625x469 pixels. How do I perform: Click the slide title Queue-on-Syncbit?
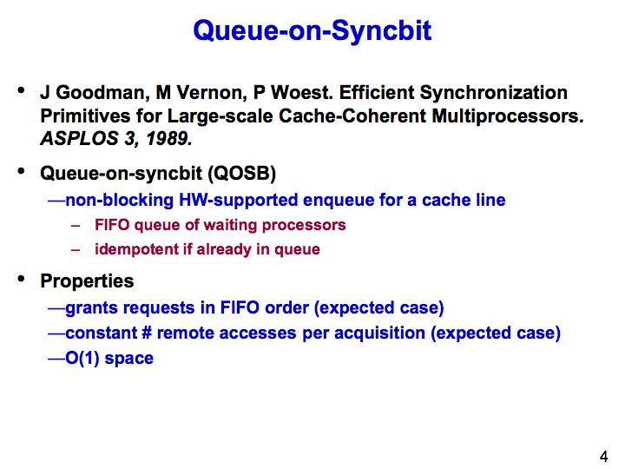click(312, 31)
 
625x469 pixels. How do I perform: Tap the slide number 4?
click(604, 456)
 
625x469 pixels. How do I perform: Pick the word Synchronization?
click(493, 93)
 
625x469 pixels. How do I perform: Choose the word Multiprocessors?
click(508, 116)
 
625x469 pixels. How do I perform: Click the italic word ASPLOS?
click(79, 139)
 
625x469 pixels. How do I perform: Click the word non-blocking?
click(119, 200)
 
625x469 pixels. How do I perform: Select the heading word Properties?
click(87, 281)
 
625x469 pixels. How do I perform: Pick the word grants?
click(90, 308)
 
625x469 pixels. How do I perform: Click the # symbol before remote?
click(146, 333)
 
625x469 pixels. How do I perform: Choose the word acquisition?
click(379, 334)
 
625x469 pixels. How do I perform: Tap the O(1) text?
click(82, 358)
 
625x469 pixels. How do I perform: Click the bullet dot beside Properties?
click(21, 279)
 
